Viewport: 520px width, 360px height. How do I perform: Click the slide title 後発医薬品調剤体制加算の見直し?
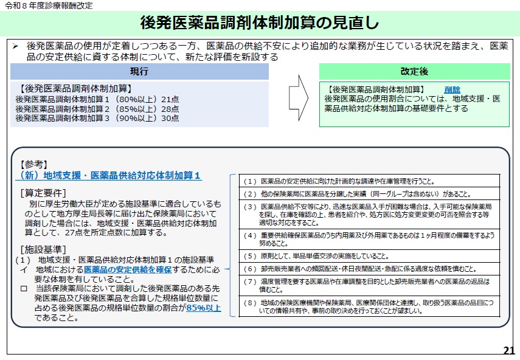point(260,22)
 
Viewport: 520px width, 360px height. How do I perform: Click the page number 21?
point(509,350)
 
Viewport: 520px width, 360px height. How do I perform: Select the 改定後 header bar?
point(414,72)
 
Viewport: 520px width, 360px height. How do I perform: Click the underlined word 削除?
point(452,89)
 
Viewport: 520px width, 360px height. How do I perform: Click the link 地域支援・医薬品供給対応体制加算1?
point(108,176)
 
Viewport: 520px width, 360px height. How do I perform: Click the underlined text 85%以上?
point(204,308)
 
